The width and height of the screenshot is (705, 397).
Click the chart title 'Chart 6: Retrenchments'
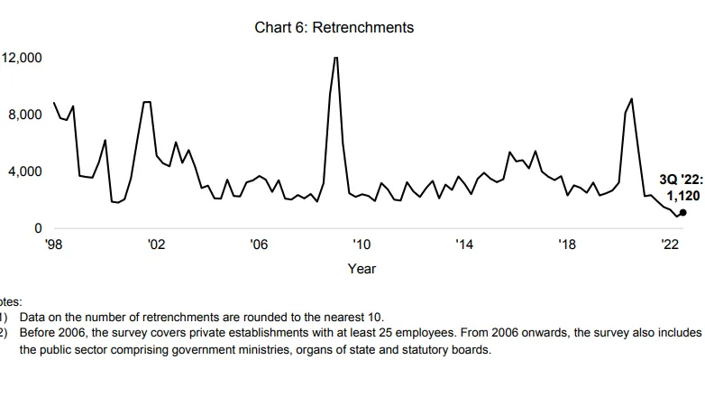click(x=334, y=27)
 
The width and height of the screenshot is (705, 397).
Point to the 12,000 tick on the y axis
click(x=22, y=58)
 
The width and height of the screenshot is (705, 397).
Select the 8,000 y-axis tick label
click(x=25, y=115)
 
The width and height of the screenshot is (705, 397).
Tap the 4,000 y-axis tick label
click(x=25, y=171)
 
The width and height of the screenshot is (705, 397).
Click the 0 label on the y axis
click(x=39, y=228)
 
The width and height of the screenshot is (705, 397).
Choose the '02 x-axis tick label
click(x=156, y=245)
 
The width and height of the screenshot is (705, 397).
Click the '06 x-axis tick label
click(x=259, y=245)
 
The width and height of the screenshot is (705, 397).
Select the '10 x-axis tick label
click(x=362, y=245)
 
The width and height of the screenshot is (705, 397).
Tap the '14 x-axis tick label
click(x=464, y=245)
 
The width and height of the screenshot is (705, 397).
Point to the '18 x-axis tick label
click(x=567, y=245)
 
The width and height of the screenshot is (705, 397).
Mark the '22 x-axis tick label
click(x=670, y=245)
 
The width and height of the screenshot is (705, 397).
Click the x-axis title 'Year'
click(x=362, y=268)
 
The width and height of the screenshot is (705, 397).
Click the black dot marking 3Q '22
click(x=682, y=213)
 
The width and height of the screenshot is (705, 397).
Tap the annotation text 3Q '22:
click(x=680, y=180)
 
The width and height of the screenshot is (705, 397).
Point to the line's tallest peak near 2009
click(x=335, y=58)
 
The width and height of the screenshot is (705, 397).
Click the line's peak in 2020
click(x=631, y=98)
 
